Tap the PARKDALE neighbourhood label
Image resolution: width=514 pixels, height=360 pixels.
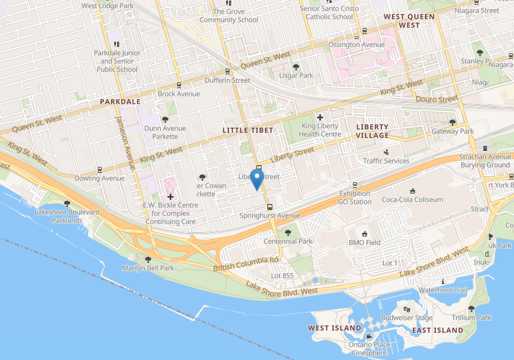120,101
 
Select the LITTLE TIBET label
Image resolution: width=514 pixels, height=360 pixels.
248,130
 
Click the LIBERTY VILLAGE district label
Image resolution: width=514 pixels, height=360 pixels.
372,131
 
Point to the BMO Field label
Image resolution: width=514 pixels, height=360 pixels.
364,242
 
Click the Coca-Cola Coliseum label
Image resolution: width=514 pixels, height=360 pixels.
412,199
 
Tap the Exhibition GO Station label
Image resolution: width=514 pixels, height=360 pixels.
354,198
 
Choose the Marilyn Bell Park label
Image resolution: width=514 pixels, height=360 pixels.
148,268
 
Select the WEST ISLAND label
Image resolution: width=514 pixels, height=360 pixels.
335,328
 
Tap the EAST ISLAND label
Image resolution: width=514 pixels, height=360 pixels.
437,330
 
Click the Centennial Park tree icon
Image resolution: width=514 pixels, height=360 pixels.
287,233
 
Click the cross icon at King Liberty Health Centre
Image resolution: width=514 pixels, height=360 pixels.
320,117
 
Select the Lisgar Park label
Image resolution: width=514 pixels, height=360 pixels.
296,75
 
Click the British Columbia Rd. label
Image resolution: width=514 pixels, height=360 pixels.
246,264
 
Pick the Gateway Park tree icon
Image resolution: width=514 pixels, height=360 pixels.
453,122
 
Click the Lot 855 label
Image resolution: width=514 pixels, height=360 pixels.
282,276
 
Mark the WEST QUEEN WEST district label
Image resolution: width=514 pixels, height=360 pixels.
409,21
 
